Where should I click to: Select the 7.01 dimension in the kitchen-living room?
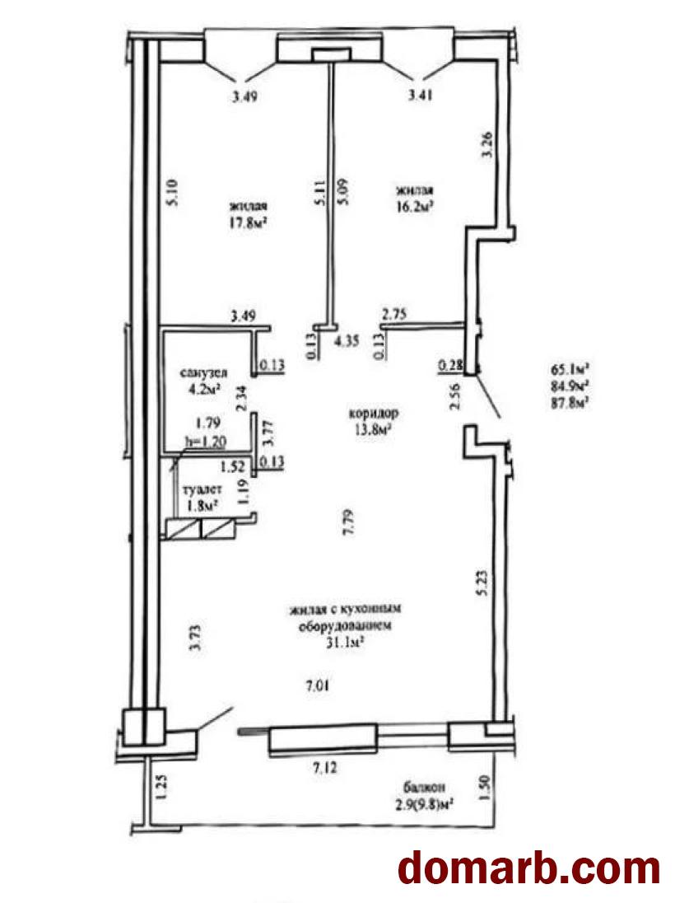coord(319,684)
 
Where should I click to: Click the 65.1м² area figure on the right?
coord(569,369)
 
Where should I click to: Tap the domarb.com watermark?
coord(529,868)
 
